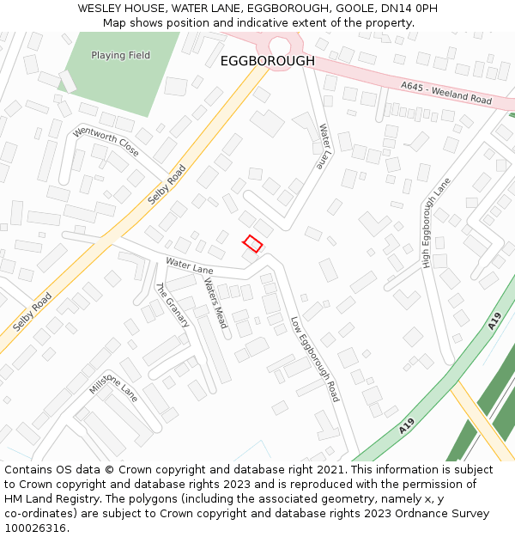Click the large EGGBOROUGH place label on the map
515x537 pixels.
pos(268,61)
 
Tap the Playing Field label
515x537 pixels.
pos(121,56)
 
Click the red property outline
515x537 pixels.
pos(252,243)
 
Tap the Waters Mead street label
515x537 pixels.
pos(215,303)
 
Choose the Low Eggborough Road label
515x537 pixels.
pos(315,359)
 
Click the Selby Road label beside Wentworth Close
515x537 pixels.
pos(167,185)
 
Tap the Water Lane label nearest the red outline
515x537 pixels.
pos(190,266)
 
